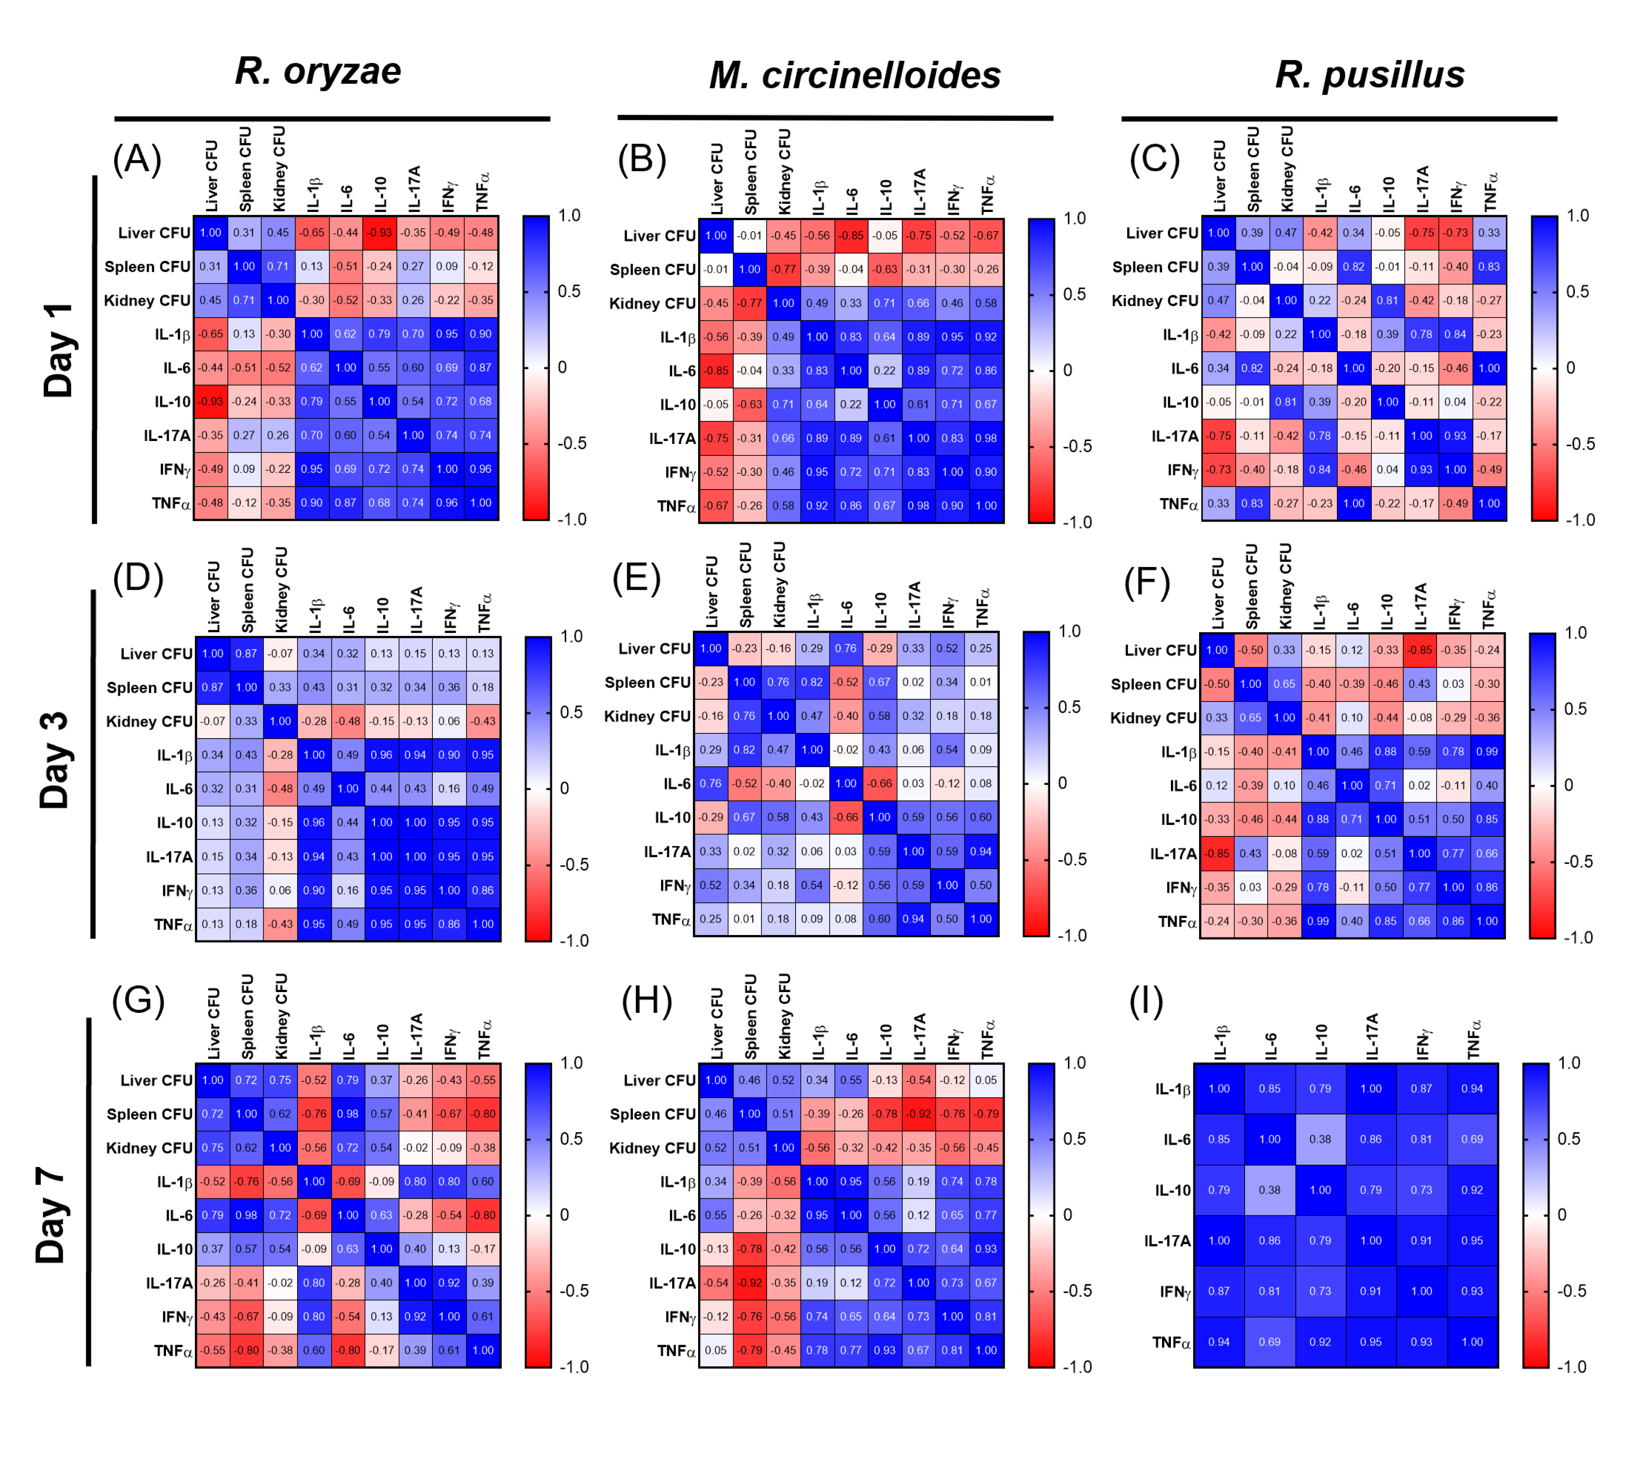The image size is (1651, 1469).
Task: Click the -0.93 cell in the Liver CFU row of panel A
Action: click(379, 233)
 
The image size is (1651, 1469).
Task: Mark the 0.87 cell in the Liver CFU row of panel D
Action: click(246, 654)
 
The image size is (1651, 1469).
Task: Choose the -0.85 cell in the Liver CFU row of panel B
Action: click(851, 236)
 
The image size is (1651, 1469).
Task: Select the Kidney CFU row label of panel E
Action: click(647, 716)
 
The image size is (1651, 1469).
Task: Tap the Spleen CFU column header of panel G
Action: click(247, 1017)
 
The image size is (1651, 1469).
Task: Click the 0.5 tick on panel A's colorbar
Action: click(569, 291)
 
